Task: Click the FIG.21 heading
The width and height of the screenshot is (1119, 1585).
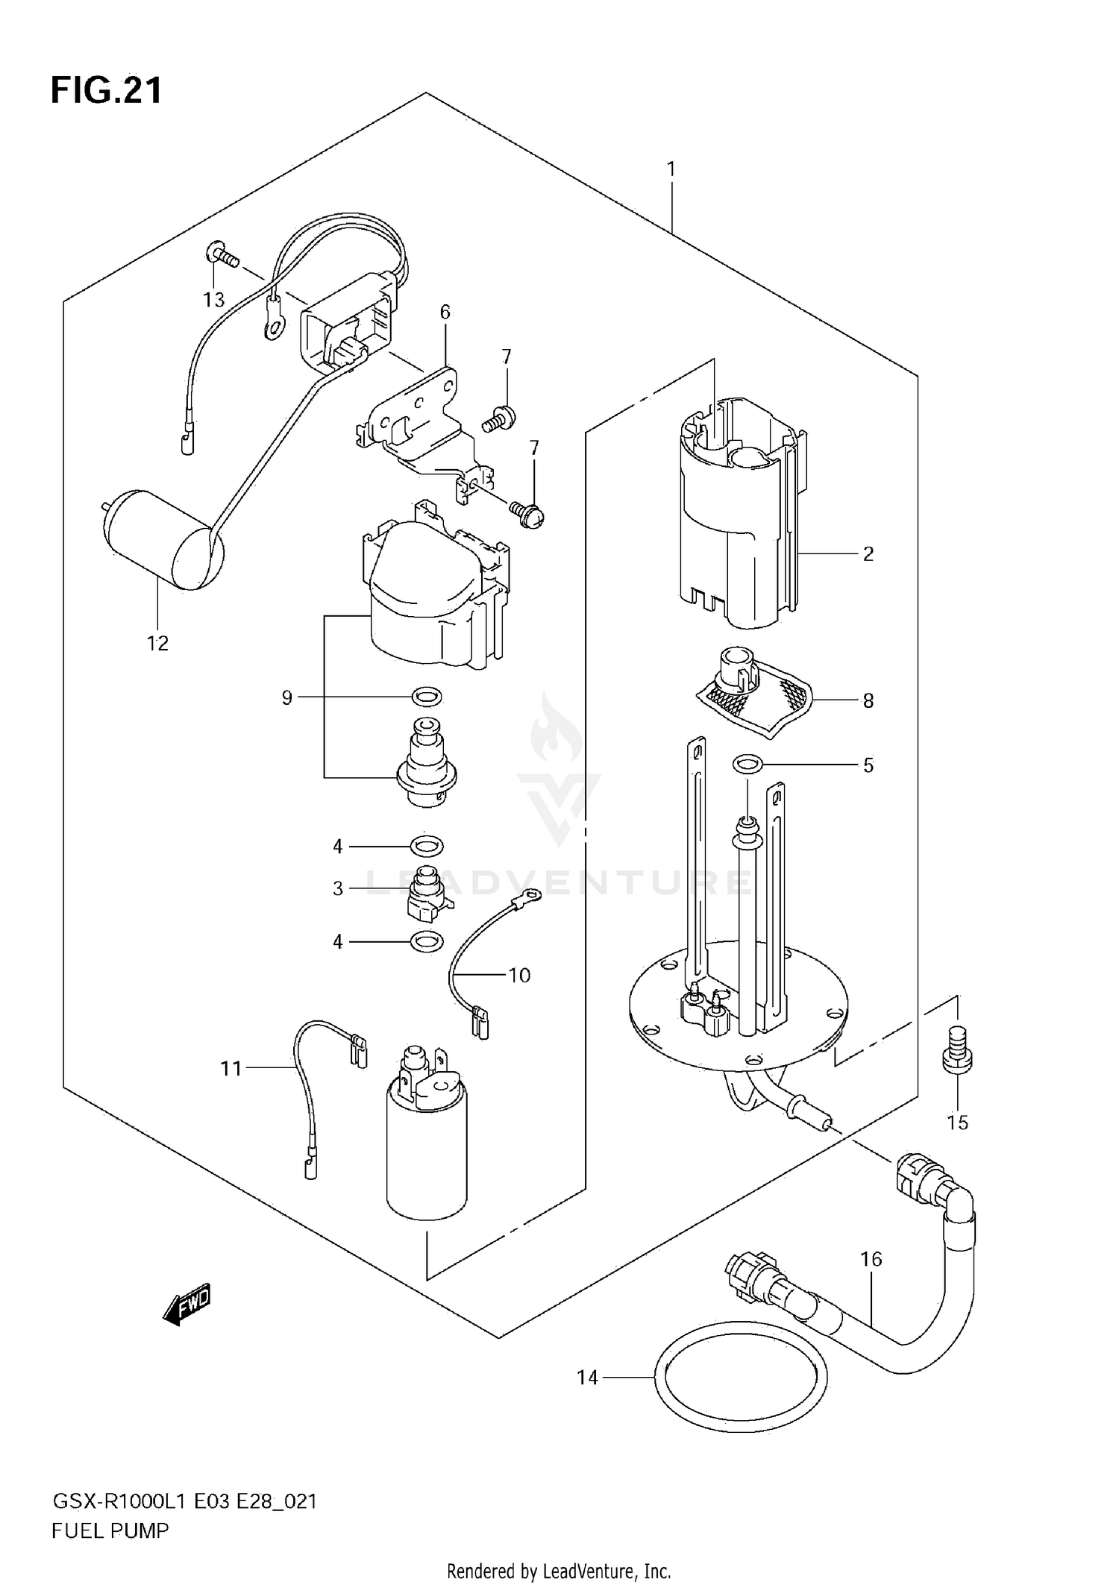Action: pos(106,91)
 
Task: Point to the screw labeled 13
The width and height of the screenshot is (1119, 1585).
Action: pos(222,258)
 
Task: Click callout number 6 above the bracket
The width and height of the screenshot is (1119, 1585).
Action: pos(445,312)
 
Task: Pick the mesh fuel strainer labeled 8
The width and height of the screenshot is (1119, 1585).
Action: pos(753,694)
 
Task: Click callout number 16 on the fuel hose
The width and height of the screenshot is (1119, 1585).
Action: pos(871,1259)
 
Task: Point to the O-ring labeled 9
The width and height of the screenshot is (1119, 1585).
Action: pos(427,697)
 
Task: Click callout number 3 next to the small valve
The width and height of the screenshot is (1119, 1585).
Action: pos(338,888)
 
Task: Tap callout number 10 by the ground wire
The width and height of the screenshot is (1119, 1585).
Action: pos(519,975)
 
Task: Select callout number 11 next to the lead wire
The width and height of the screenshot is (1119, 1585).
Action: pos(231,1069)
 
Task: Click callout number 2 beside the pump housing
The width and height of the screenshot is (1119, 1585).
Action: pos(868,553)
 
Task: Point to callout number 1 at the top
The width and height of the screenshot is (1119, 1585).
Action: pos(671,169)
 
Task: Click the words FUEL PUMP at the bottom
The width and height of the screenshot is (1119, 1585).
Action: pos(110,1531)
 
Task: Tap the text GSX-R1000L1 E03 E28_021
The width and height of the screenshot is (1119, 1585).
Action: pos(184,1501)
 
